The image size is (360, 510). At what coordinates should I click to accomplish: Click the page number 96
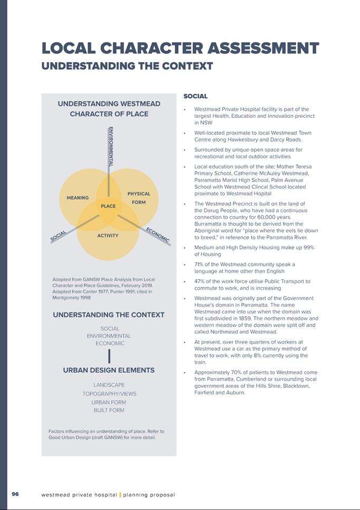15,494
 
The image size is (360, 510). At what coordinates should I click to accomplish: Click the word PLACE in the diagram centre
108,206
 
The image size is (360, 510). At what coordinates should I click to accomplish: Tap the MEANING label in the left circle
78,198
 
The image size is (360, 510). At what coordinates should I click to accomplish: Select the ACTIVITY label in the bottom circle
108,235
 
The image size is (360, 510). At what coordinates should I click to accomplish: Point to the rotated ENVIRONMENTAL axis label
110,147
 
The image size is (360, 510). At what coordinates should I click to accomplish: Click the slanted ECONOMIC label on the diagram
158,235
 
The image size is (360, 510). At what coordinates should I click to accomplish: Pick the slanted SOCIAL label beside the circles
59,236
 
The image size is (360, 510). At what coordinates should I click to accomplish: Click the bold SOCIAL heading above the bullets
195,97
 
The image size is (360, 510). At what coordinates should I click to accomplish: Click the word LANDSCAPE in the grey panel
109,385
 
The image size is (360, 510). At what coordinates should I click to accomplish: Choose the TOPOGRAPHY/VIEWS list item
109,394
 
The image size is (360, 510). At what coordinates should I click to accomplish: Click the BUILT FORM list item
109,410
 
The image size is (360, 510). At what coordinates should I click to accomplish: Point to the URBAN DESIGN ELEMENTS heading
109,370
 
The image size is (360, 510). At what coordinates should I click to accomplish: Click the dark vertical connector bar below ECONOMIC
109,356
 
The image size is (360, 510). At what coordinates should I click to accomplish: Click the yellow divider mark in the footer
120,495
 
